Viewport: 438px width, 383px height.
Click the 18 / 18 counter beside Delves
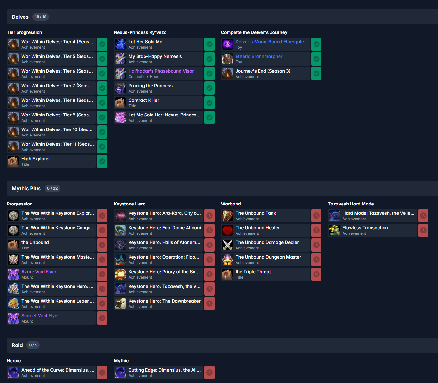point(40,17)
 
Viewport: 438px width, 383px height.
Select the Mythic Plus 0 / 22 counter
point(52,188)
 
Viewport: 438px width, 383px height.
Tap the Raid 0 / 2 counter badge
point(33,345)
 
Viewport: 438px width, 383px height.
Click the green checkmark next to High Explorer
point(102,161)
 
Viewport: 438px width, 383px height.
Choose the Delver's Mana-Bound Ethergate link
point(269,42)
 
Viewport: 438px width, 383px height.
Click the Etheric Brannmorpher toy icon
point(227,59)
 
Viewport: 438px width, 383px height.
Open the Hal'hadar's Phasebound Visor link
point(161,71)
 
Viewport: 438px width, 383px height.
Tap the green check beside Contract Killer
point(209,103)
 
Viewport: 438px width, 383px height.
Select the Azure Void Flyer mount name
point(39,272)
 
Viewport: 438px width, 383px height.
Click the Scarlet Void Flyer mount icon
point(13,318)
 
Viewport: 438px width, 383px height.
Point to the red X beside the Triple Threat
point(316,274)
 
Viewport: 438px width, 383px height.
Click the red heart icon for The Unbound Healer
point(227,230)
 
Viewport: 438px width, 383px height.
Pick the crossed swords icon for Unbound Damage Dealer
point(227,245)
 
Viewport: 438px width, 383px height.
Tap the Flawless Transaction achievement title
point(365,228)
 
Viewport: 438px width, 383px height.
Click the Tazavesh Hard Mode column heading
point(351,204)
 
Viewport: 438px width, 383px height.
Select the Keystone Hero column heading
point(130,204)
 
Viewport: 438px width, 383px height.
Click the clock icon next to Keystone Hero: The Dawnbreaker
point(209,303)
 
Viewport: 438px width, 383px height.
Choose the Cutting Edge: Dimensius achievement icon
point(120,373)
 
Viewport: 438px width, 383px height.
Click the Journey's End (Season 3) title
point(263,71)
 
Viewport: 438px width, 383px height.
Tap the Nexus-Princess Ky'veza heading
point(140,32)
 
